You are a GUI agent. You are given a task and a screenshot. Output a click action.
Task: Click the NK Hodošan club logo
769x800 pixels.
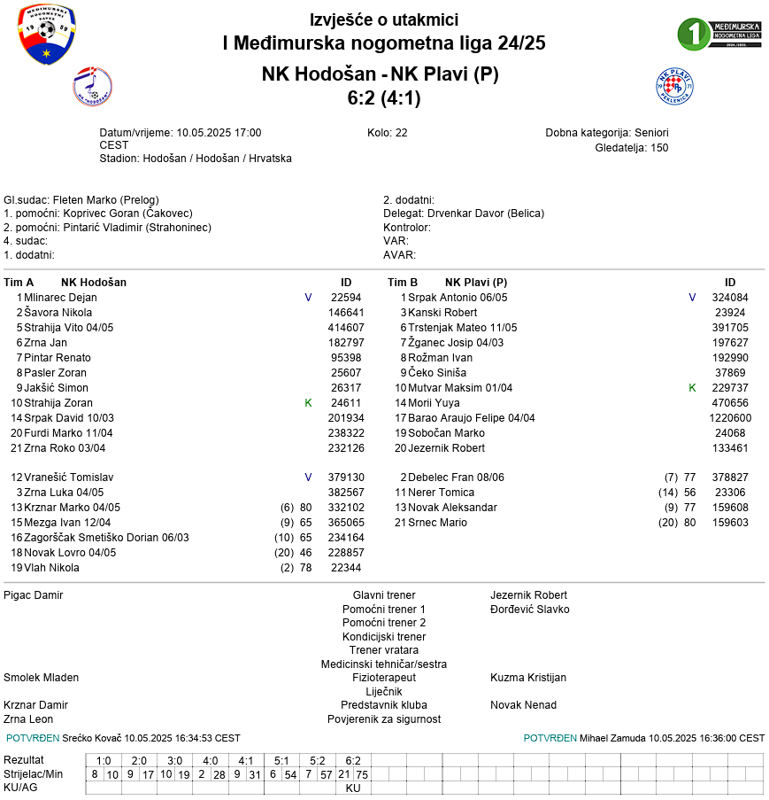92,86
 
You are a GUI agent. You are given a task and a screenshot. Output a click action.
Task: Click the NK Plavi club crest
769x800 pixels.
674,86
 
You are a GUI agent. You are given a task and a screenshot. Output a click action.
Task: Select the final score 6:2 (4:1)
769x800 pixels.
384,98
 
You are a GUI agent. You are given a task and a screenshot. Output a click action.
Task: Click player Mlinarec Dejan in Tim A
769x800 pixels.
60,298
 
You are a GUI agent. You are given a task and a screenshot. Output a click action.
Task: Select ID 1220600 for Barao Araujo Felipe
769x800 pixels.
730,418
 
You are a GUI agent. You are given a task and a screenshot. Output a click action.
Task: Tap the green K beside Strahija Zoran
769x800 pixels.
308,403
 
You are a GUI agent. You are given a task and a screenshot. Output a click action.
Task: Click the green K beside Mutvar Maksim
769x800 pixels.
692,388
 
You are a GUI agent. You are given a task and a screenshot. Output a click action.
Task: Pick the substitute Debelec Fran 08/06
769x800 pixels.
456,478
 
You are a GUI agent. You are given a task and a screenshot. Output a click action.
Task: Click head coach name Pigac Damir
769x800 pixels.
34,595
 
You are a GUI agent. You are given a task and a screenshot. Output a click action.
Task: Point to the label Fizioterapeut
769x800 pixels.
383,678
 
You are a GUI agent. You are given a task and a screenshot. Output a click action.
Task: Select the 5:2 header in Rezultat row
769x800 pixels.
317,760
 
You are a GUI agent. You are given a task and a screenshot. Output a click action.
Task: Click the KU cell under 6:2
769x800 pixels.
353,788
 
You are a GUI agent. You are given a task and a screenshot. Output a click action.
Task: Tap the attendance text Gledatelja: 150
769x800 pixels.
632,148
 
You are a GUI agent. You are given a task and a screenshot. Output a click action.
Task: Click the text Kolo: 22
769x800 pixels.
387,133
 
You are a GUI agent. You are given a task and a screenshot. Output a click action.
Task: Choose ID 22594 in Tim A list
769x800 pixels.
346,298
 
